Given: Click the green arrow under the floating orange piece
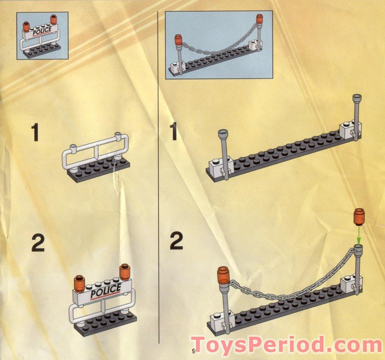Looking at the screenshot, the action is click(359, 235).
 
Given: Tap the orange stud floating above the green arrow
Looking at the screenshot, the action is click(359, 217).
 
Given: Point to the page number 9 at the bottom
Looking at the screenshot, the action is click(194, 350).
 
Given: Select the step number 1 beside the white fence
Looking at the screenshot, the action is click(36, 133).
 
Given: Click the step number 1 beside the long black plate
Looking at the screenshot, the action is click(173, 132).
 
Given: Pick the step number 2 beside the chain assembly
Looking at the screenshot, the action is click(177, 241).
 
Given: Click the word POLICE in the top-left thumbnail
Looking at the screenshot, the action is click(42, 31).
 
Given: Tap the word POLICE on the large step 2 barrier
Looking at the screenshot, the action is click(105, 291).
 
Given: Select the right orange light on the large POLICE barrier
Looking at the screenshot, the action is click(125, 272).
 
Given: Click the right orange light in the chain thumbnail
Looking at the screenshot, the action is click(259, 19).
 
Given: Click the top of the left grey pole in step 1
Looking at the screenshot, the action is click(223, 133).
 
